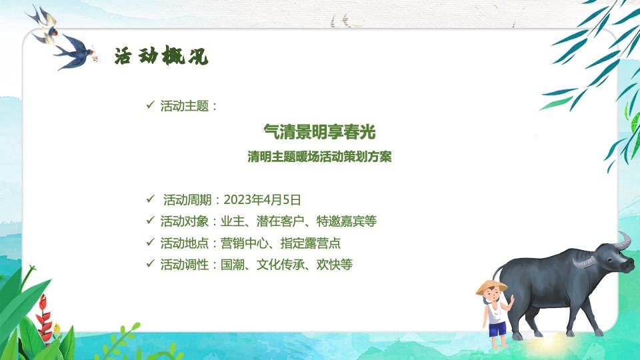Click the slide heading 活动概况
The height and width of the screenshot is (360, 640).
pos(161,57)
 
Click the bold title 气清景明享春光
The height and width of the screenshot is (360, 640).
pos(324,132)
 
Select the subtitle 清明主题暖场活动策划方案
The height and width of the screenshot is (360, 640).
pos(319,159)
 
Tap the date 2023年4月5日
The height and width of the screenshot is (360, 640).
pos(263,199)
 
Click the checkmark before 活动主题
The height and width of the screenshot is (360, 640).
pos(150,105)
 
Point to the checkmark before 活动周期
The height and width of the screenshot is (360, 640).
pos(150,199)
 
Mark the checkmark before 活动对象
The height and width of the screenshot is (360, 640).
pos(150,221)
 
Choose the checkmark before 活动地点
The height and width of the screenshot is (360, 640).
pos(150,243)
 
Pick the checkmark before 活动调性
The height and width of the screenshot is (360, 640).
pos(150,265)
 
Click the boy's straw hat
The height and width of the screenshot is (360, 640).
pos(491,287)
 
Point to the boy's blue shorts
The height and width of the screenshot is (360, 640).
pos(496,329)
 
